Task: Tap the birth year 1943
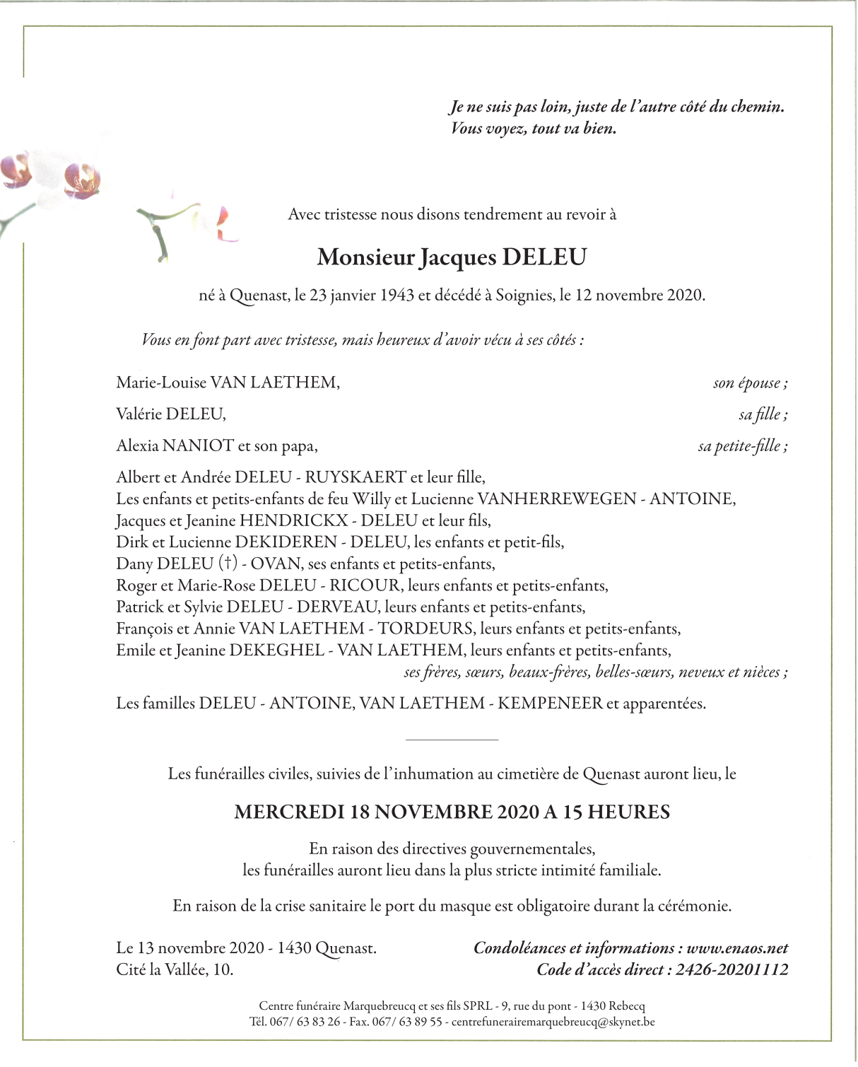pos(397,296)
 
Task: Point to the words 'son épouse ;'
pos(750,383)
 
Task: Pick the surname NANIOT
pos(199,446)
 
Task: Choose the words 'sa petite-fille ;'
pos(742,446)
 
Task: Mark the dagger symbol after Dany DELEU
pos(227,564)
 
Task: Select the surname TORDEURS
pos(425,629)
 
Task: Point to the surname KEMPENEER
pos(551,704)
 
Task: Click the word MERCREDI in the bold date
pos(289,812)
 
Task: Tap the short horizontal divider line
pos(452,740)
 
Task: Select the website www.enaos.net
pos(737,948)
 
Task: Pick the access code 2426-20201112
pos(731,970)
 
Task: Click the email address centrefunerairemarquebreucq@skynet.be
pos(553,1022)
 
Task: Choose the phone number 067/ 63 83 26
pos(305,1022)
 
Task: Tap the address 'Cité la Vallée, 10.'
pos(175,970)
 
